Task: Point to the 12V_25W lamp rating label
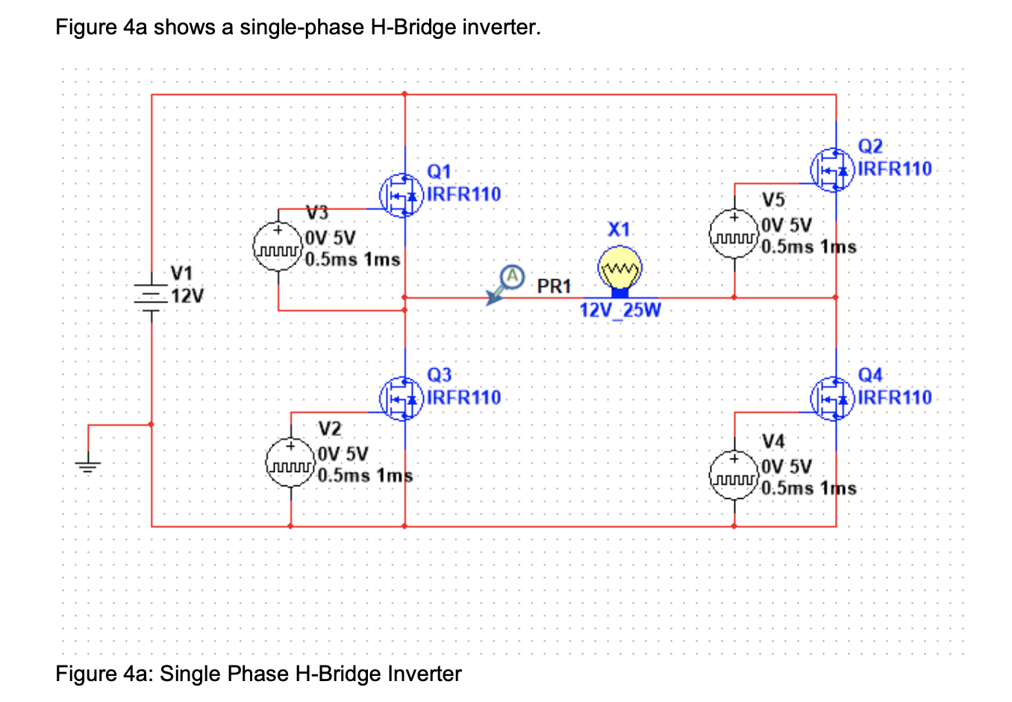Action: click(620, 310)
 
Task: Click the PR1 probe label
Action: click(554, 286)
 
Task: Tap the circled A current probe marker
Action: click(512, 276)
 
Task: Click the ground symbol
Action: click(88, 467)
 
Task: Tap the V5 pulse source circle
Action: click(734, 234)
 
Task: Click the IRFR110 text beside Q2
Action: click(895, 169)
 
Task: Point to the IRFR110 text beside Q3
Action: click(463, 397)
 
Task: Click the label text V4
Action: click(773, 441)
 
